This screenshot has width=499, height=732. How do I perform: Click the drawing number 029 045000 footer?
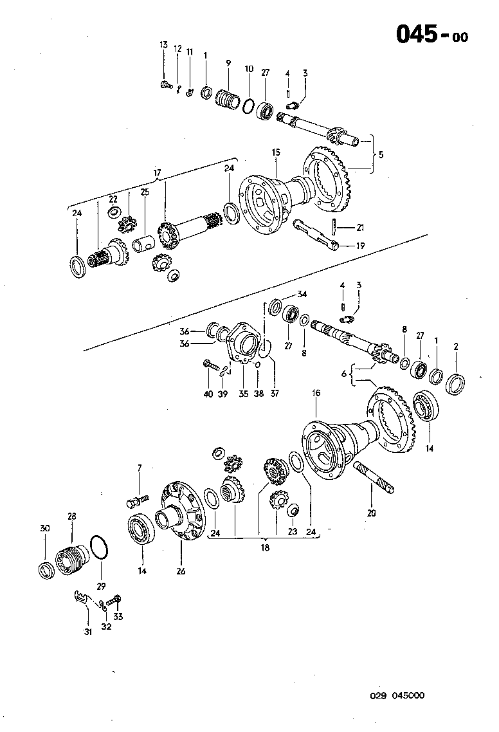[x=397, y=696]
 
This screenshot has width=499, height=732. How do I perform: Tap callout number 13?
[x=163, y=44]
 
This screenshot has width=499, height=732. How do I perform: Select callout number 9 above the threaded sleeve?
[x=228, y=62]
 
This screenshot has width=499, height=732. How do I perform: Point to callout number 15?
[x=276, y=152]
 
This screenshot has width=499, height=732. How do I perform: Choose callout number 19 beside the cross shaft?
[x=360, y=245]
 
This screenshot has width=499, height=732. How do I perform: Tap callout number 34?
[x=302, y=294]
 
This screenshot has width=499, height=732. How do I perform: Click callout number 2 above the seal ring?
[x=455, y=347]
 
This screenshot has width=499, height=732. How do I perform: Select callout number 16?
[x=316, y=392]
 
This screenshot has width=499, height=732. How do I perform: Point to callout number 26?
[x=181, y=571]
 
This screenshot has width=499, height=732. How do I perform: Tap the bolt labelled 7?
[x=138, y=499]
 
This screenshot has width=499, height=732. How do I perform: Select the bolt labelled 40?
[x=209, y=365]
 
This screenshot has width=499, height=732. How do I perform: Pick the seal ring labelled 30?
[x=46, y=571]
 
